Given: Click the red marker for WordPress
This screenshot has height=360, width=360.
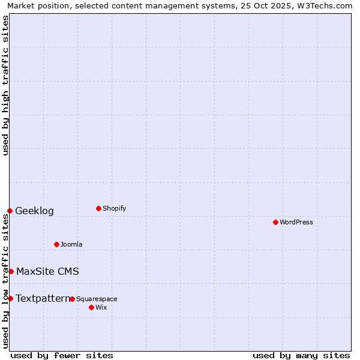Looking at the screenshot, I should click(275, 222).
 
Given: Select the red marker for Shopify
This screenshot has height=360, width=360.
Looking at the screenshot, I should click(98, 208).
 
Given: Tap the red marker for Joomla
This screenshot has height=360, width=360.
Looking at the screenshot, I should click(56, 244).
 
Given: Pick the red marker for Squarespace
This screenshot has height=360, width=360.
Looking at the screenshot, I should click(72, 299).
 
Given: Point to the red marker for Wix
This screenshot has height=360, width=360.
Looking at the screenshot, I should click(91, 307).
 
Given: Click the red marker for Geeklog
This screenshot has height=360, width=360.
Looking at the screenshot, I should click(10, 211).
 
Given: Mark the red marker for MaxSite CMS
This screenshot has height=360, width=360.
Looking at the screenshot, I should click(11, 271).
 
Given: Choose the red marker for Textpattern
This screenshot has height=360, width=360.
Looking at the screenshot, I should click(10, 298).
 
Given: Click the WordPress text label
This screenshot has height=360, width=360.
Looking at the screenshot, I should click(296, 223).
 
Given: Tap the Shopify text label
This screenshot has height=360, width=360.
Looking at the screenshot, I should click(115, 209).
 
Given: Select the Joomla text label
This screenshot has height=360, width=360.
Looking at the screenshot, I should click(71, 245).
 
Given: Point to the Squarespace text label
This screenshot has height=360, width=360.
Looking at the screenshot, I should click(97, 299).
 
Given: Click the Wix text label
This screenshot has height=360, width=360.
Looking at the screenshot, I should click(101, 308).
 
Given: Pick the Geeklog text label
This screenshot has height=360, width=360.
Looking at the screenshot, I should click(34, 211).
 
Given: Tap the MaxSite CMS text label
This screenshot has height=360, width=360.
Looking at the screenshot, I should click(47, 272).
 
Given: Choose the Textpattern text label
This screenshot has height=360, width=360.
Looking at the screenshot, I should click(43, 299).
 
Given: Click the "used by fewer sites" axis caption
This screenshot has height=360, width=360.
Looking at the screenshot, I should click(62, 355).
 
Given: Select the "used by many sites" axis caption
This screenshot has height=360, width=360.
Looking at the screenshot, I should click(301, 355).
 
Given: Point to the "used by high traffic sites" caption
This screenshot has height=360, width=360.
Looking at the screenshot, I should click(5, 85).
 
